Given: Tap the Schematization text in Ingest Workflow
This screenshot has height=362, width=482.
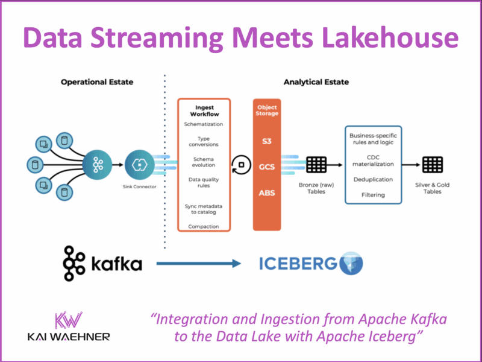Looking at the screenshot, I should (x=204, y=124).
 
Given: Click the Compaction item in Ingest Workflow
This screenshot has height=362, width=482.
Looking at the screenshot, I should (x=204, y=226).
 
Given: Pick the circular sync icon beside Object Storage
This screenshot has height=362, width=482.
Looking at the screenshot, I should (x=242, y=164).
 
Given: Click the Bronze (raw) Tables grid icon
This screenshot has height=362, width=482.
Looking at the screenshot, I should (x=316, y=164).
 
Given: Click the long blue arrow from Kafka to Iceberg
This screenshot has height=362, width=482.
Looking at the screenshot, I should (x=199, y=263).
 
